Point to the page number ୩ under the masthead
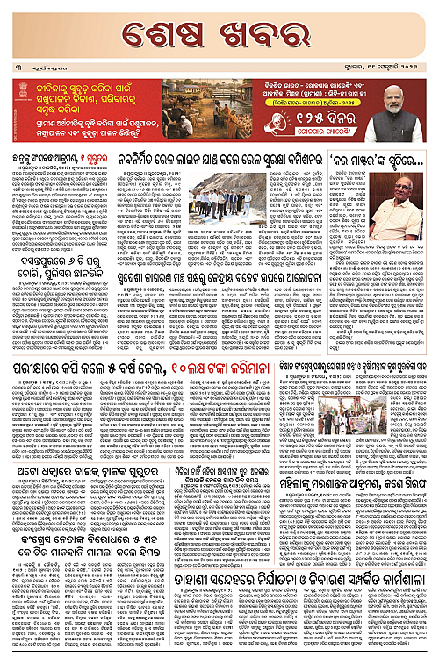click(15, 68)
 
